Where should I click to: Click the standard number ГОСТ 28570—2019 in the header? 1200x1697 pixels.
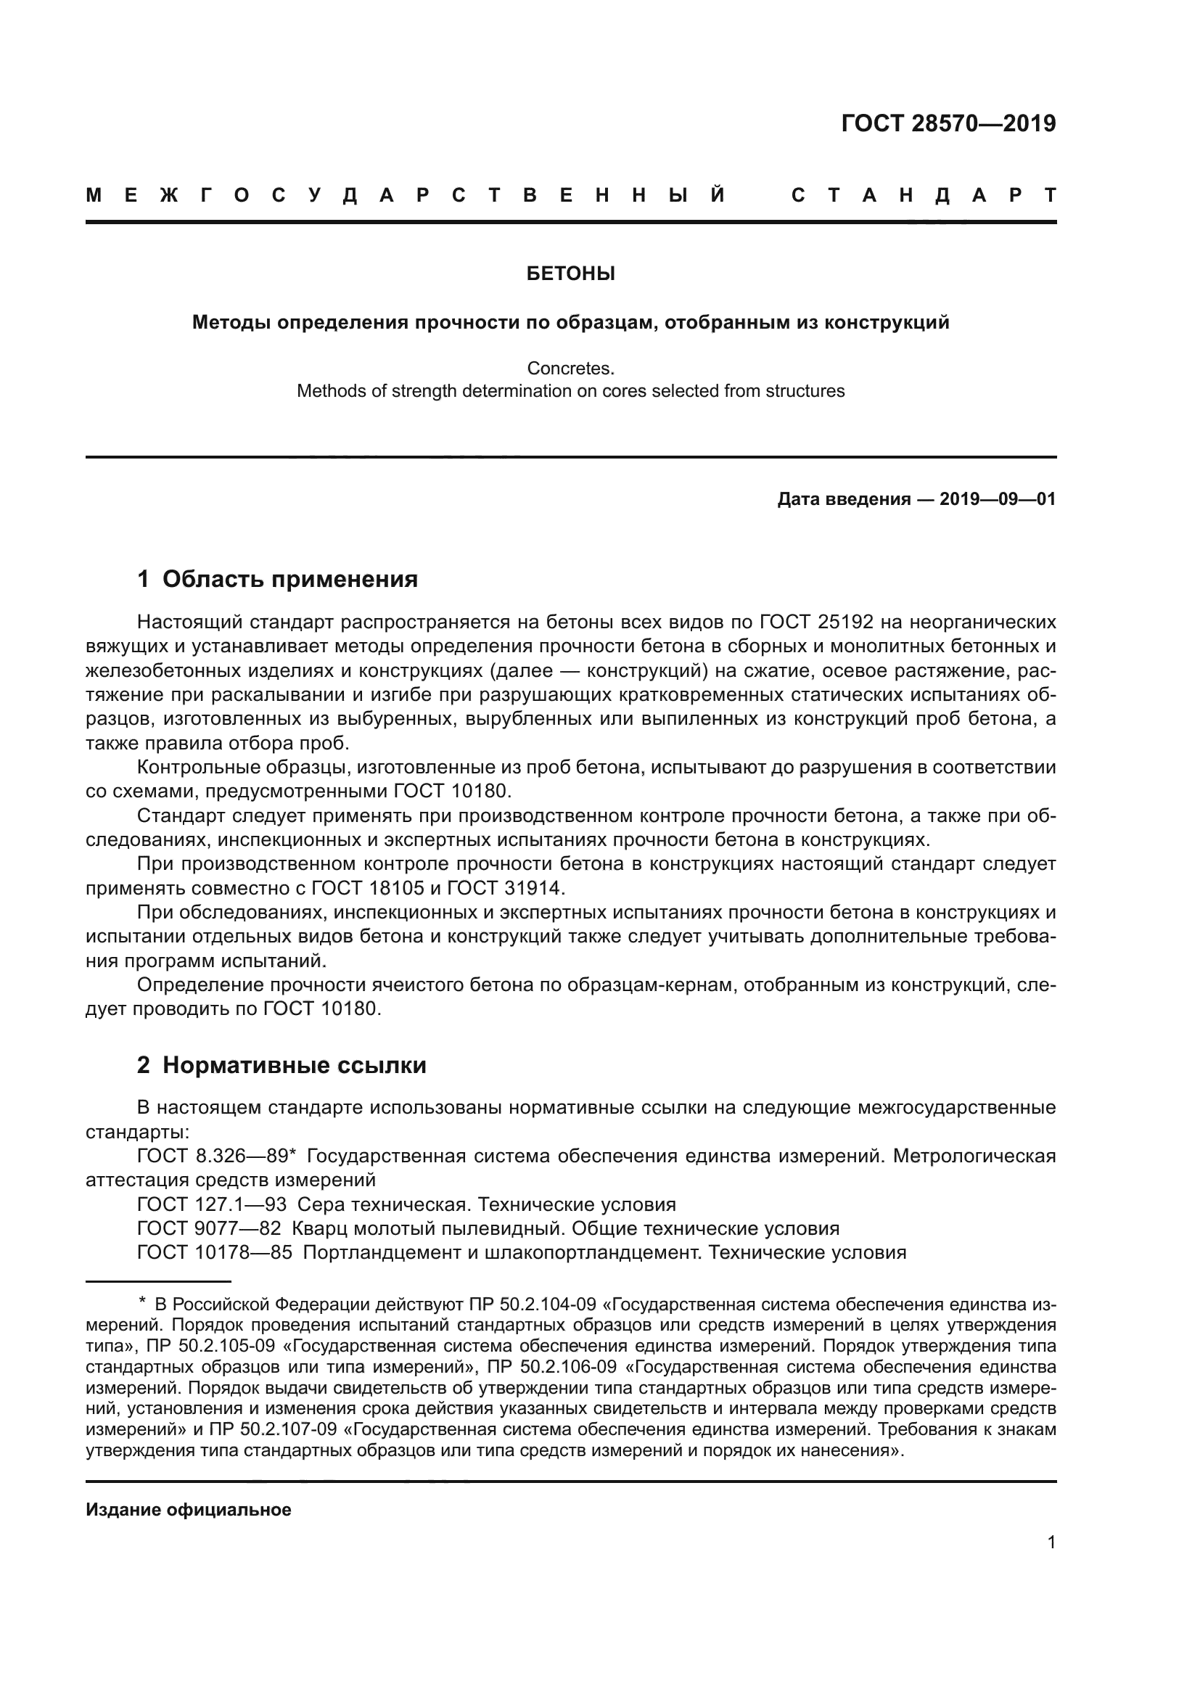(x=948, y=123)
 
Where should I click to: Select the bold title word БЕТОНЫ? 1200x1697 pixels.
(x=570, y=274)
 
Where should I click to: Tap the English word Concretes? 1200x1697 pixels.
(x=570, y=368)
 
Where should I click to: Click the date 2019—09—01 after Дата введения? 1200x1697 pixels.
(x=998, y=499)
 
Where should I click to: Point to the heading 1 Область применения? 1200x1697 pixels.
(x=277, y=579)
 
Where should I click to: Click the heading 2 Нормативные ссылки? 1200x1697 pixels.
(x=281, y=1065)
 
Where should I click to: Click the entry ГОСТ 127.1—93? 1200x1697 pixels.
(x=212, y=1205)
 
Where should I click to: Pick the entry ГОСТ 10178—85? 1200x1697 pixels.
(x=215, y=1253)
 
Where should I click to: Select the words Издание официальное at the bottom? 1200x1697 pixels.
(x=189, y=1510)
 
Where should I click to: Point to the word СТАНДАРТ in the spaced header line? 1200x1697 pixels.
(x=924, y=196)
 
